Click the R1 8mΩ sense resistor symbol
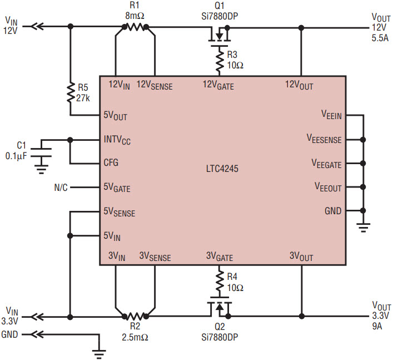point(134,26)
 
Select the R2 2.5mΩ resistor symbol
point(134,316)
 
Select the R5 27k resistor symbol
point(70,93)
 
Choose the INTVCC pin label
point(119,140)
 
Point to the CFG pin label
point(111,164)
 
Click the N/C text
point(61,187)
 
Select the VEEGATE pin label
point(328,164)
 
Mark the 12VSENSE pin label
point(155,86)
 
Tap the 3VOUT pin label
point(301,257)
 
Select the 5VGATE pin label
point(117,188)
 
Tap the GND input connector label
point(10,334)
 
